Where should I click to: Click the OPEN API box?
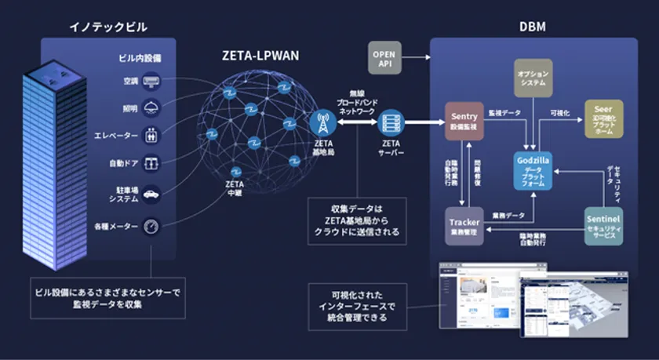tap(384, 59)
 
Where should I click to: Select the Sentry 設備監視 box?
tap(464, 121)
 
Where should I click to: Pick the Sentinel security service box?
tap(603, 226)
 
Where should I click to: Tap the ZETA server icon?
tap(390, 123)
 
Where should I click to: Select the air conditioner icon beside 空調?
tap(151, 81)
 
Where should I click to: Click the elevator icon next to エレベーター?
tap(151, 136)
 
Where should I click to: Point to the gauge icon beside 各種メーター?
tap(151, 227)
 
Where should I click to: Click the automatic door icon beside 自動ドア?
tap(151, 164)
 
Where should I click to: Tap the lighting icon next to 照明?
tap(151, 108)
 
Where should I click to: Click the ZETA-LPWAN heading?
tap(260, 56)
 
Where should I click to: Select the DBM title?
tap(533, 27)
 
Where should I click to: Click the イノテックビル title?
tap(108, 27)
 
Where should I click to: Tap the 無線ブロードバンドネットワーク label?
tap(357, 101)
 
